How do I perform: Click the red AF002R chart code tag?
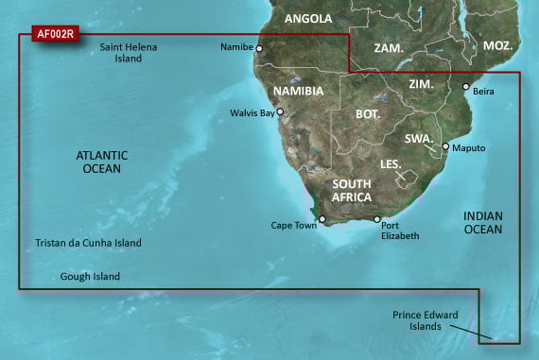[55, 34]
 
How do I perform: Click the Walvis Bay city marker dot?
[280, 111]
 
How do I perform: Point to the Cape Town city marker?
[322, 220]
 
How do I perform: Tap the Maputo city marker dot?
[444, 146]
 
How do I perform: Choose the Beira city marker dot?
[465, 87]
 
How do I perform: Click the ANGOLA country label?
[308, 18]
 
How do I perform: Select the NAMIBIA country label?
[298, 91]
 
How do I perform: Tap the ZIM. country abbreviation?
[421, 84]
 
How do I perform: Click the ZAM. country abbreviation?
[389, 47]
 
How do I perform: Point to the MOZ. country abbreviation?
[497, 45]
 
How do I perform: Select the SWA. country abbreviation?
[419, 138]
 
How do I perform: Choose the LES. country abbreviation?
[391, 163]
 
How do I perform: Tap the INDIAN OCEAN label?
[482, 222]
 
